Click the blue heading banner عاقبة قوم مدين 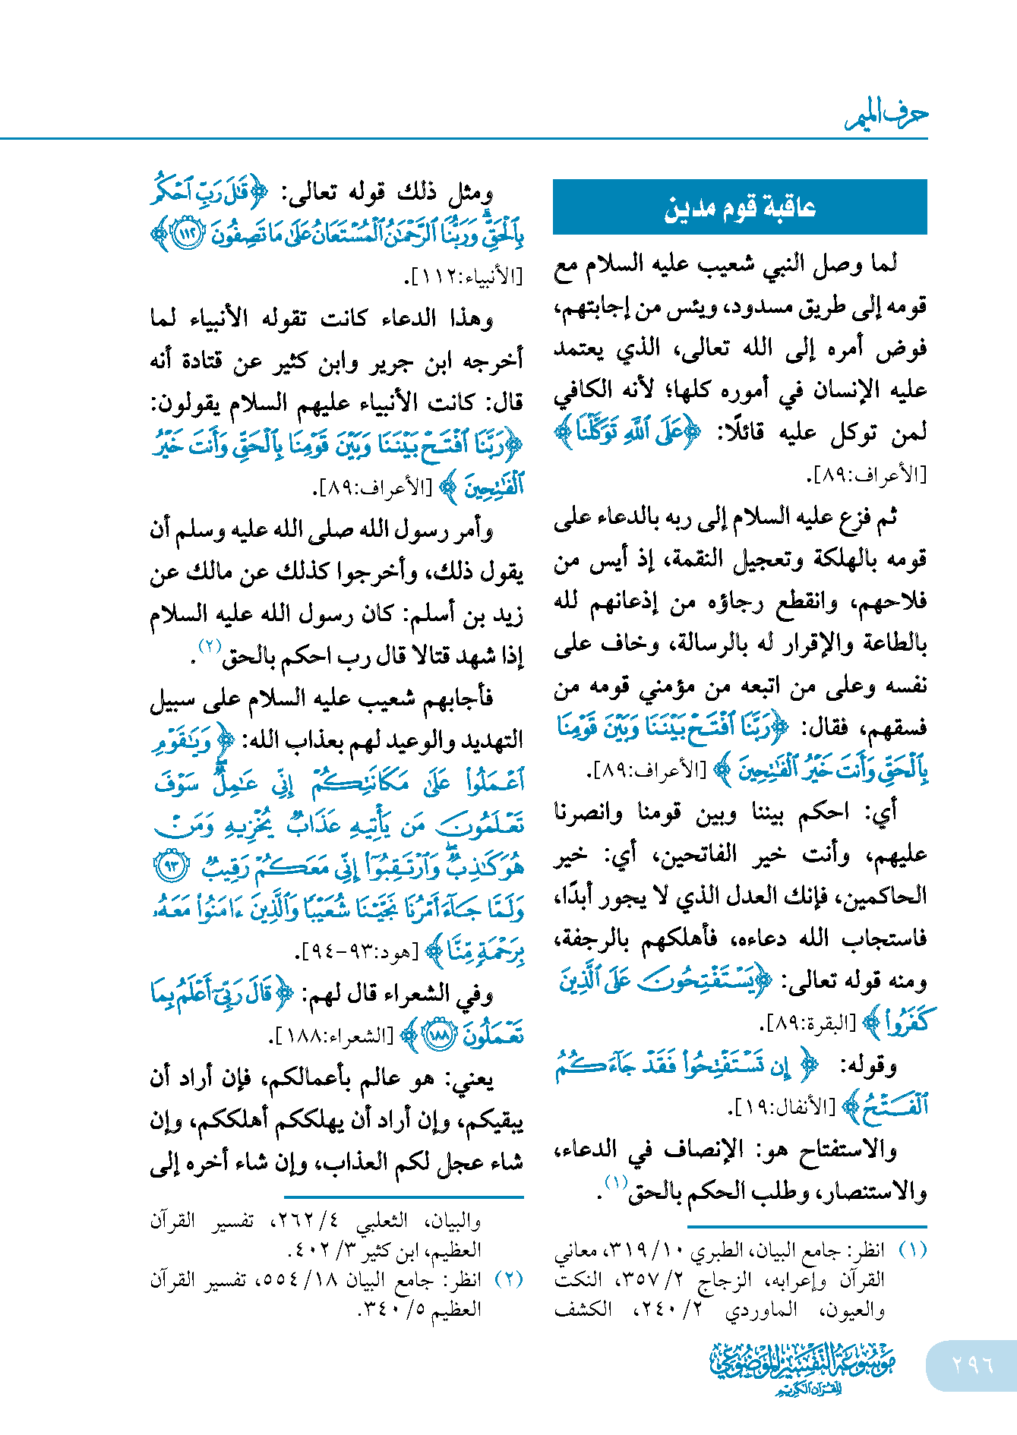740,207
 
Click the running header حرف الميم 886,115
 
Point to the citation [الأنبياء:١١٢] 465,276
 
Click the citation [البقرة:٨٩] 808,1023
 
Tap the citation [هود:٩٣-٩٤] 358,951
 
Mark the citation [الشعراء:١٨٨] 332,1035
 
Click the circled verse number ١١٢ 187,233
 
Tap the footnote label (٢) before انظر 508,1279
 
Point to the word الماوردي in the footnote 760,1310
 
